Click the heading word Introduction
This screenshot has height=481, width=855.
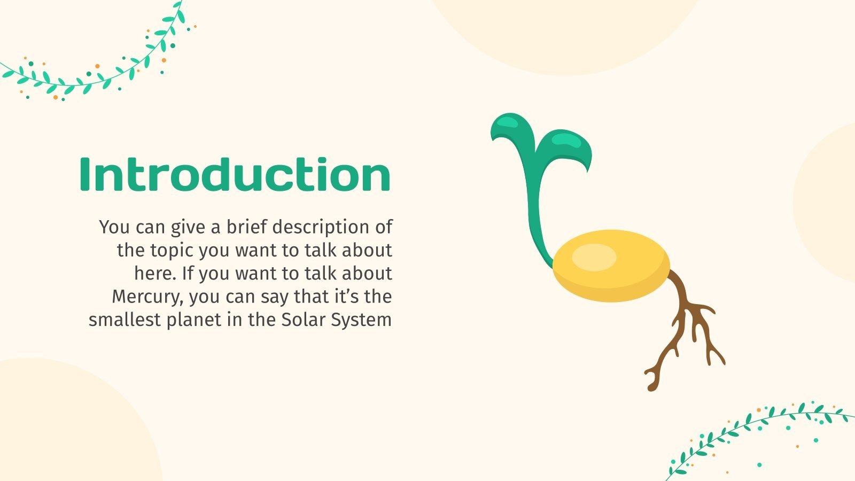point(235,174)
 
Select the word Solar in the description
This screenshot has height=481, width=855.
point(304,320)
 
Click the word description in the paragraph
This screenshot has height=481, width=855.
point(322,227)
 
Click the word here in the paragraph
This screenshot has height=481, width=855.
point(154,273)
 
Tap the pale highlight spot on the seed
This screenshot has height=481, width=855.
point(594,257)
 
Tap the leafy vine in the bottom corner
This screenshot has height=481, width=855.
point(759,433)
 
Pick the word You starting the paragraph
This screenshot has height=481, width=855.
point(114,227)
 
